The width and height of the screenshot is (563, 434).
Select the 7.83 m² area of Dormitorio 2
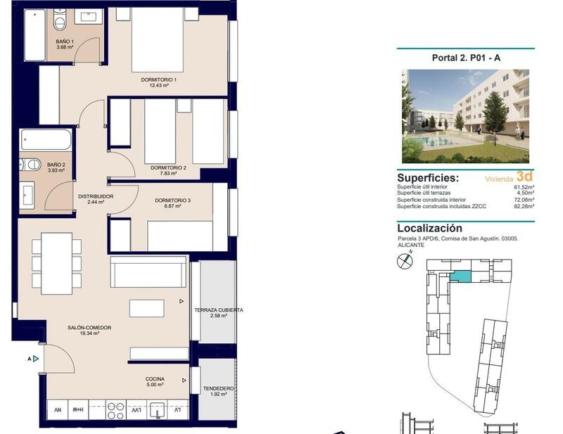click(168, 174)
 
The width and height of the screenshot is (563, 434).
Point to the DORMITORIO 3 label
click(172, 200)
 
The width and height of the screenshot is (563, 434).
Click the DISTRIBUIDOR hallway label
click(96, 197)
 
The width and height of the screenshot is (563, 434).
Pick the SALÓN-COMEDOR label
click(89, 328)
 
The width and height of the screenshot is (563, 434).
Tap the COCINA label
click(155, 379)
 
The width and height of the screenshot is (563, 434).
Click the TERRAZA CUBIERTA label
click(219, 310)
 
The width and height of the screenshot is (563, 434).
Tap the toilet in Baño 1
click(60, 24)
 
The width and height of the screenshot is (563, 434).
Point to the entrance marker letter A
click(29, 359)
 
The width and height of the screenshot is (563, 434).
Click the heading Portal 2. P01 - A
click(465, 58)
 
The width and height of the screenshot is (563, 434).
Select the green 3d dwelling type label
click(524, 176)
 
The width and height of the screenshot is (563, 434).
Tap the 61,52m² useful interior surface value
click(524, 187)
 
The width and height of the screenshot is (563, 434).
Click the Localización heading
click(429, 228)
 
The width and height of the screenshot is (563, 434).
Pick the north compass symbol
click(404, 262)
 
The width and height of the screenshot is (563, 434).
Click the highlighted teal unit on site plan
click(461, 276)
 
